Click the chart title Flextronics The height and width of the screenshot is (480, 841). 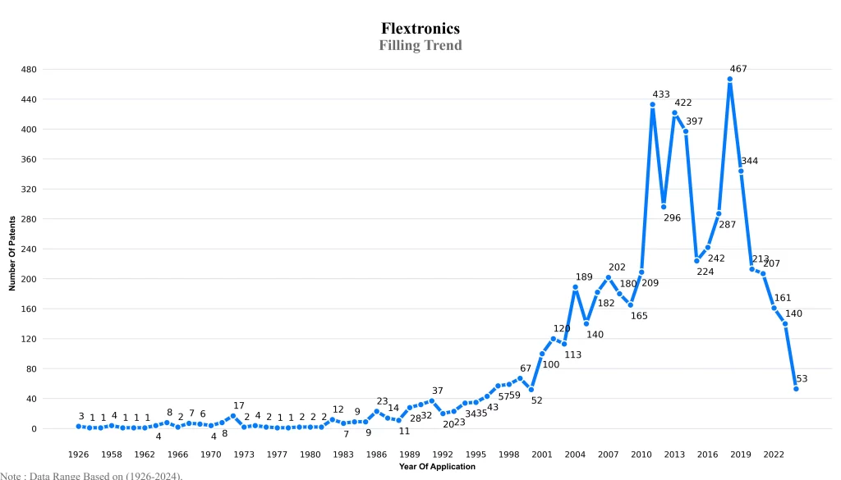pos(420,30)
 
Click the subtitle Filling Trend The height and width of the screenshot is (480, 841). pos(420,45)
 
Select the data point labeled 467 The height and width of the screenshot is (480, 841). pos(729,79)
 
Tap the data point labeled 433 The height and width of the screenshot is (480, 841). pos(652,104)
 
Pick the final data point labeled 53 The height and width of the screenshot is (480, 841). pos(796,389)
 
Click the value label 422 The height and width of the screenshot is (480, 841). pos(683,103)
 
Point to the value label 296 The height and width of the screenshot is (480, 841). pos(673,217)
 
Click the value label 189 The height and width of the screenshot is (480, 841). pos(584,277)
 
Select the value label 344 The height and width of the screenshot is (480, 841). pos(749,161)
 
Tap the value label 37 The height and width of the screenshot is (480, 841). pos(438,391)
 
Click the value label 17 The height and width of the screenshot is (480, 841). pos(239,405)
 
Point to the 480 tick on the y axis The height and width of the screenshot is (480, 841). pos(29,70)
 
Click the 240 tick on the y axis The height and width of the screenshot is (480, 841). pos(29,249)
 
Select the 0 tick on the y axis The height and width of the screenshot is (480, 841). pos(34,429)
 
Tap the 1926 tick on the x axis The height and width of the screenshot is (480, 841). pos(78,454)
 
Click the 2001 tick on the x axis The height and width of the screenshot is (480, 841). pos(542,454)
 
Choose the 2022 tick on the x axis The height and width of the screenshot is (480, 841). pos(774,454)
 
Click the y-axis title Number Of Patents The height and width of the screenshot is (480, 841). pos(12,254)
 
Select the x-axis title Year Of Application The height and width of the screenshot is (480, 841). pos(437,467)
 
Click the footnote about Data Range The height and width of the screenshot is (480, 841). pos(91,476)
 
